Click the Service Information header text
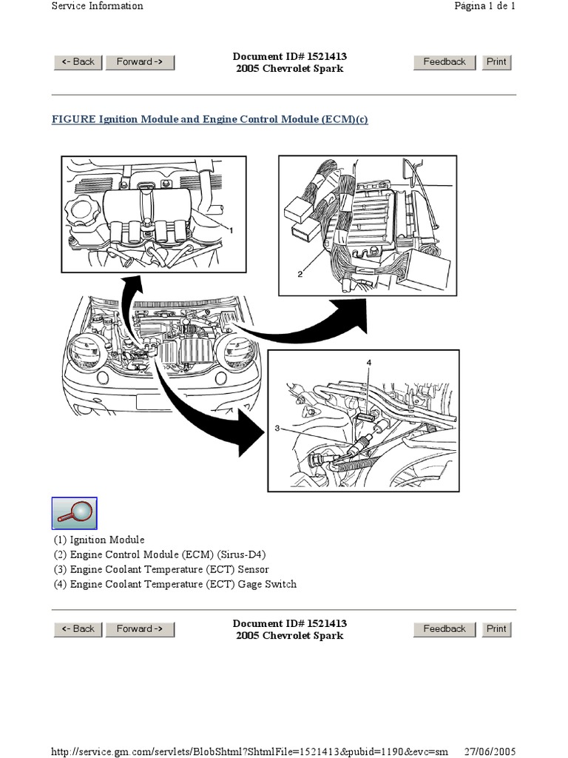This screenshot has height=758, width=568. click(97, 6)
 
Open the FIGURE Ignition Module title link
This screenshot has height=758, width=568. click(209, 120)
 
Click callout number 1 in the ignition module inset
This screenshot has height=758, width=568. click(231, 230)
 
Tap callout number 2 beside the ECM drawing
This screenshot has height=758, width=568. click(300, 274)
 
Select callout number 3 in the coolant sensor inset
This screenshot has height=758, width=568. click(277, 428)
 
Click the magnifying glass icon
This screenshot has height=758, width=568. click(74, 513)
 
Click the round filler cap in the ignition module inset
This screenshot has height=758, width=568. click(78, 215)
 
